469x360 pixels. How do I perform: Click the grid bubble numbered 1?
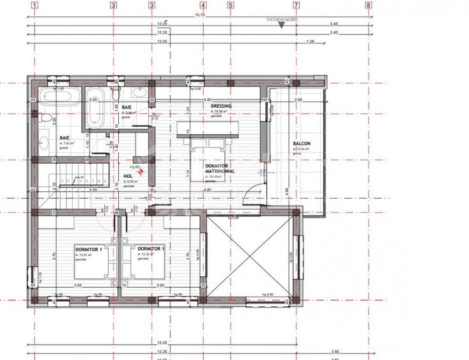[x=32, y=4]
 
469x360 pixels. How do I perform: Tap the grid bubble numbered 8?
[x=369, y=4]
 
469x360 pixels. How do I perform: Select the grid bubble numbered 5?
[x=231, y=4]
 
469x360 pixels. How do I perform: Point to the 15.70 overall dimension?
[x=200, y=15]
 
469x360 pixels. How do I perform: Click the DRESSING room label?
[x=221, y=106]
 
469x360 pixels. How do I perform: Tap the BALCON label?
[x=302, y=144]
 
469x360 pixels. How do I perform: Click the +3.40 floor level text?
[x=134, y=166]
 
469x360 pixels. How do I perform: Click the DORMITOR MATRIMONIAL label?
[x=220, y=169]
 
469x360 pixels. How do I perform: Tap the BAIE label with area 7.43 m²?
[x=65, y=137]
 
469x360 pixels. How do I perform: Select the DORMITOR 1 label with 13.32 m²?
[x=151, y=249]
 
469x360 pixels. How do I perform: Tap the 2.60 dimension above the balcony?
[x=298, y=100]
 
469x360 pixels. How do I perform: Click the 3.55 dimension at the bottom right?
[x=335, y=351]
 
